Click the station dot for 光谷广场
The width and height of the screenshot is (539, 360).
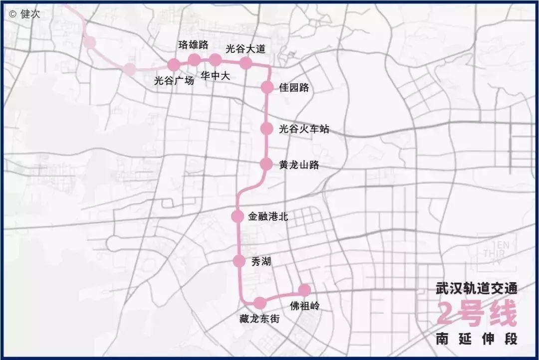click(x=174, y=64)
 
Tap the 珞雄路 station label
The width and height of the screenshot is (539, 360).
click(x=193, y=45)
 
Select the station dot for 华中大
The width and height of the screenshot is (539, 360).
click(x=215, y=60)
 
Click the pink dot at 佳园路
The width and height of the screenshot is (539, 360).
click(x=268, y=87)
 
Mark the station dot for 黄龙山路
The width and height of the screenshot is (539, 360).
click(x=267, y=164)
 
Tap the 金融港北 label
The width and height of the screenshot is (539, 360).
click(x=268, y=217)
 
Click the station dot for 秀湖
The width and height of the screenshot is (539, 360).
click(x=239, y=261)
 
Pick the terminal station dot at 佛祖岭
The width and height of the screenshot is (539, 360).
click(x=304, y=290)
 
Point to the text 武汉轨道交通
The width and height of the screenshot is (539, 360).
click(x=476, y=289)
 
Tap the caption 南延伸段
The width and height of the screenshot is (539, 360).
click(x=476, y=339)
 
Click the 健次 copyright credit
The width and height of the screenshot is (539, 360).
click(x=24, y=14)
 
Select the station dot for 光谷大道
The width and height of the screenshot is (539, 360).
click(x=245, y=63)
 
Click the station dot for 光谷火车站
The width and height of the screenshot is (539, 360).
click(x=267, y=129)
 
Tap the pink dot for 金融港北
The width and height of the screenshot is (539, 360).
click(x=238, y=216)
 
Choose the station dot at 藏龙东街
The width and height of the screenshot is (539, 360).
click(x=259, y=303)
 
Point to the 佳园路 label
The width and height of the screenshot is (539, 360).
click(x=294, y=88)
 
